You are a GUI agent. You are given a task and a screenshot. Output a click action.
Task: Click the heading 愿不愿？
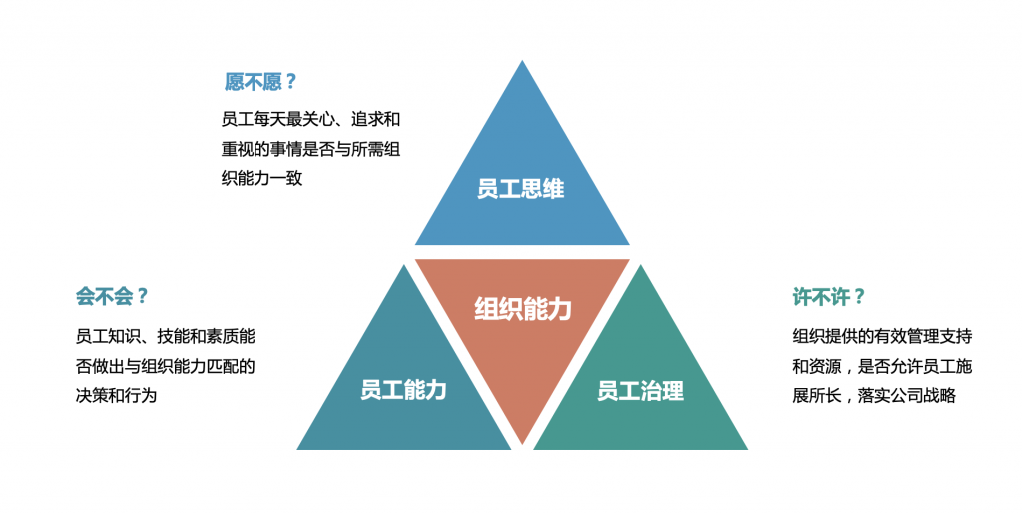click(x=261, y=82)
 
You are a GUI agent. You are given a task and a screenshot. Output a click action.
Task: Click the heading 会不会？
click(x=112, y=295)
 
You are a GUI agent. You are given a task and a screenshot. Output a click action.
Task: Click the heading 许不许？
click(x=828, y=296)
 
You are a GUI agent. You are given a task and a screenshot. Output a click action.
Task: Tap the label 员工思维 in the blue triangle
click(x=520, y=188)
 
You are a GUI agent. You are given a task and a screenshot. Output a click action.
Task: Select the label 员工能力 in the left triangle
click(x=403, y=389)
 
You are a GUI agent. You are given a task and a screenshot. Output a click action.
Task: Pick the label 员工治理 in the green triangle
click(x=640, y=390)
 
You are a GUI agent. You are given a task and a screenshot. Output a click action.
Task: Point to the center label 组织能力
click(x=522, y=308)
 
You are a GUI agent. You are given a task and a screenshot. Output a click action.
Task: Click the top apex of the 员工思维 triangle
click(x=522, y=62)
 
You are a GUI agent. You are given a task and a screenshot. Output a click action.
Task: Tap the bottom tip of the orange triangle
click(x=522, y=442)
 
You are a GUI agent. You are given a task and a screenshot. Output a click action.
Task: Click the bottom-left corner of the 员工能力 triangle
click(x=298, y=449)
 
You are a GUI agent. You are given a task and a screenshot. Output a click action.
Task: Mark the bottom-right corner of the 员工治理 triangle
click(x=746, y=449)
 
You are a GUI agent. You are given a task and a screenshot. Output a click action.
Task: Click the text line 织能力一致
click(x=261, y=178)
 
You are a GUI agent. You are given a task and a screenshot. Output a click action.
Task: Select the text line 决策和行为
click(x=117, y=395)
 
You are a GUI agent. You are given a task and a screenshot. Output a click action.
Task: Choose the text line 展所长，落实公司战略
click(x=874, y=395)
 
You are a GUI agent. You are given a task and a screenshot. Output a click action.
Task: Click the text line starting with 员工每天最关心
click(x=310, y=119)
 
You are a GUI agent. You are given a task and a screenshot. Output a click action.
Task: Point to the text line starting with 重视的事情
click(x=310, y=149)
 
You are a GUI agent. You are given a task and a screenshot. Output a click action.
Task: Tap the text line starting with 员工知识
click(x=165, y=336)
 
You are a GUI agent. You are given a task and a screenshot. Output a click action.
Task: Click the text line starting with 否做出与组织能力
click(x=165, y=366)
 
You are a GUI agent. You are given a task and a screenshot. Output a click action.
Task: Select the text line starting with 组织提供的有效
click(x=882, y=336)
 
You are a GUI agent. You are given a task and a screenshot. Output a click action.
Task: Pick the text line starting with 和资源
click(x=882, y=366)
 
